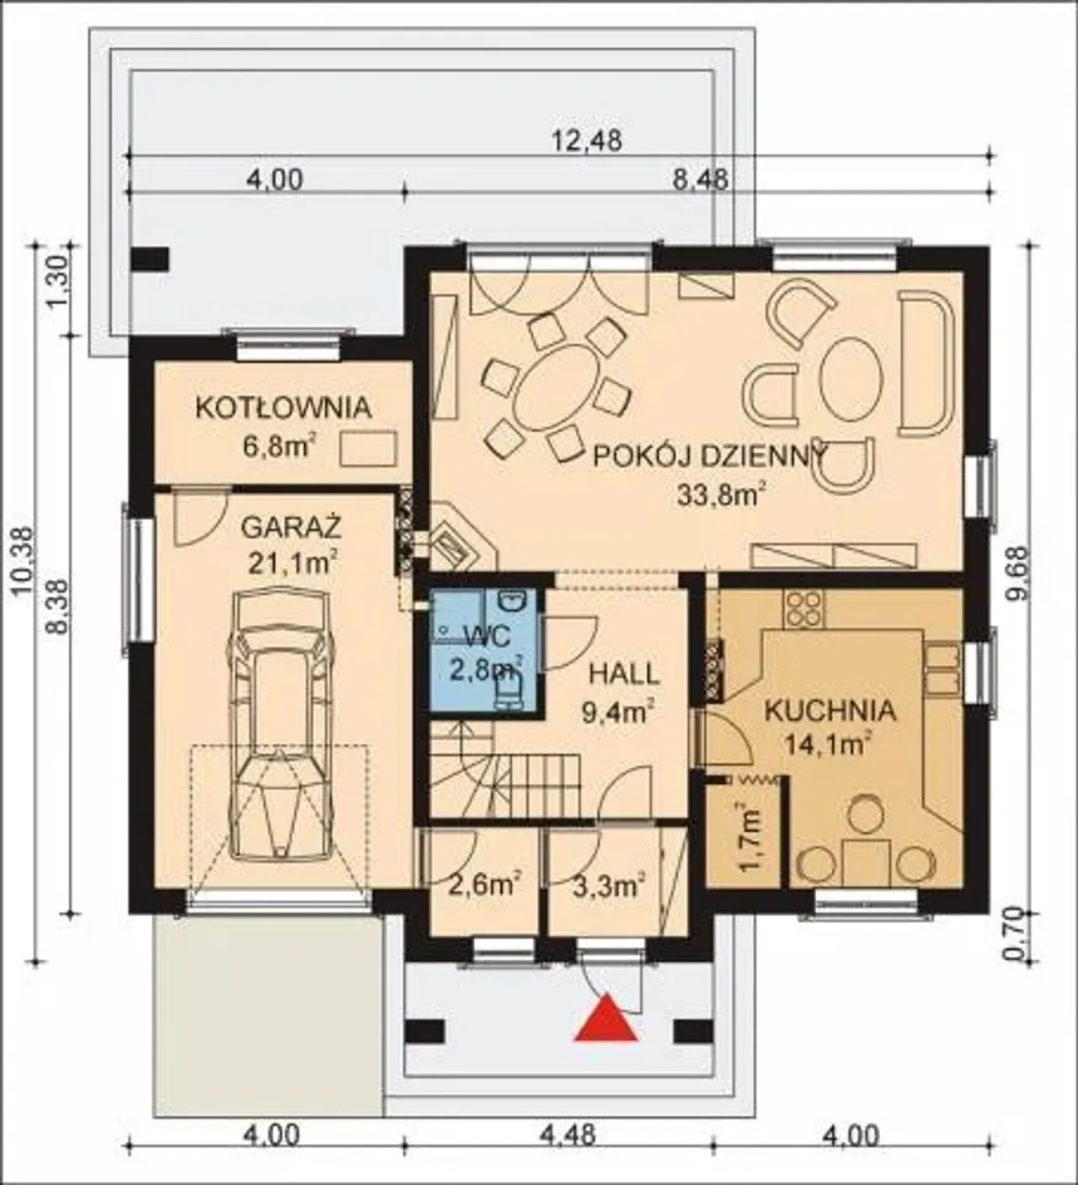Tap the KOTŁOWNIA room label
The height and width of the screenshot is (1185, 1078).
tap(284, 408)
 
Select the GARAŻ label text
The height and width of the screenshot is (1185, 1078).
tap(291, 527)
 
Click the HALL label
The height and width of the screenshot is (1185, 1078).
tap(624, 674)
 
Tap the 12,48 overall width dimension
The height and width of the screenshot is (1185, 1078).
tap(586, 141)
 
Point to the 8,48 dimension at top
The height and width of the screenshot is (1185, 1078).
tap(701, 179)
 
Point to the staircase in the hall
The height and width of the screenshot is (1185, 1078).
tap(504, 771)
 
